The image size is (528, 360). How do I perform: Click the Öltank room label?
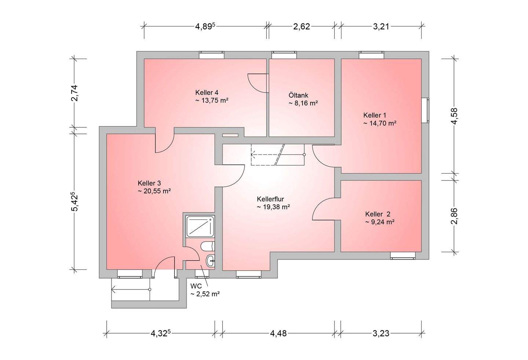click(x=298, y=95)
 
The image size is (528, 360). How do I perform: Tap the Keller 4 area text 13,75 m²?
click(x=212, y=101)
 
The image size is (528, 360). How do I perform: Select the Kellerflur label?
click(x=270, y=199)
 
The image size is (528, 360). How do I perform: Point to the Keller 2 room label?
click(x=378, y=214)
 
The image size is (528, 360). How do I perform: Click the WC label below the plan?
click(x=196, y=286)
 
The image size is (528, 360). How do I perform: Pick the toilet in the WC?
click(x=208, y=246)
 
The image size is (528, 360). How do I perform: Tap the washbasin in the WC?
click(x=210, y=261)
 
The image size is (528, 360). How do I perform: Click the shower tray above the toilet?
click(x=200, y=226)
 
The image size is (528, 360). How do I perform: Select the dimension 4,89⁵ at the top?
click(x=205, y=26)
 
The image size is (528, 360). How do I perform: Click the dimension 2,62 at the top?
click(x=301, y=26)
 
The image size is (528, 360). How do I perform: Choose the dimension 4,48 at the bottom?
click(x=278, y=333)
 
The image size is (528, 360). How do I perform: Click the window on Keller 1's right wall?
click(x=425, y=110)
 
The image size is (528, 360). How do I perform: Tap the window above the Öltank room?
click(x=284, y=55)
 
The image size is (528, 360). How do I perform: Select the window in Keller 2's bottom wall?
click(x=403, y=256)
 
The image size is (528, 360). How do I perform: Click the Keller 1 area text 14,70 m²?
click(x=379, y=123)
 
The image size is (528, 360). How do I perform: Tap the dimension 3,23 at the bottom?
click(x=381, y=333)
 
